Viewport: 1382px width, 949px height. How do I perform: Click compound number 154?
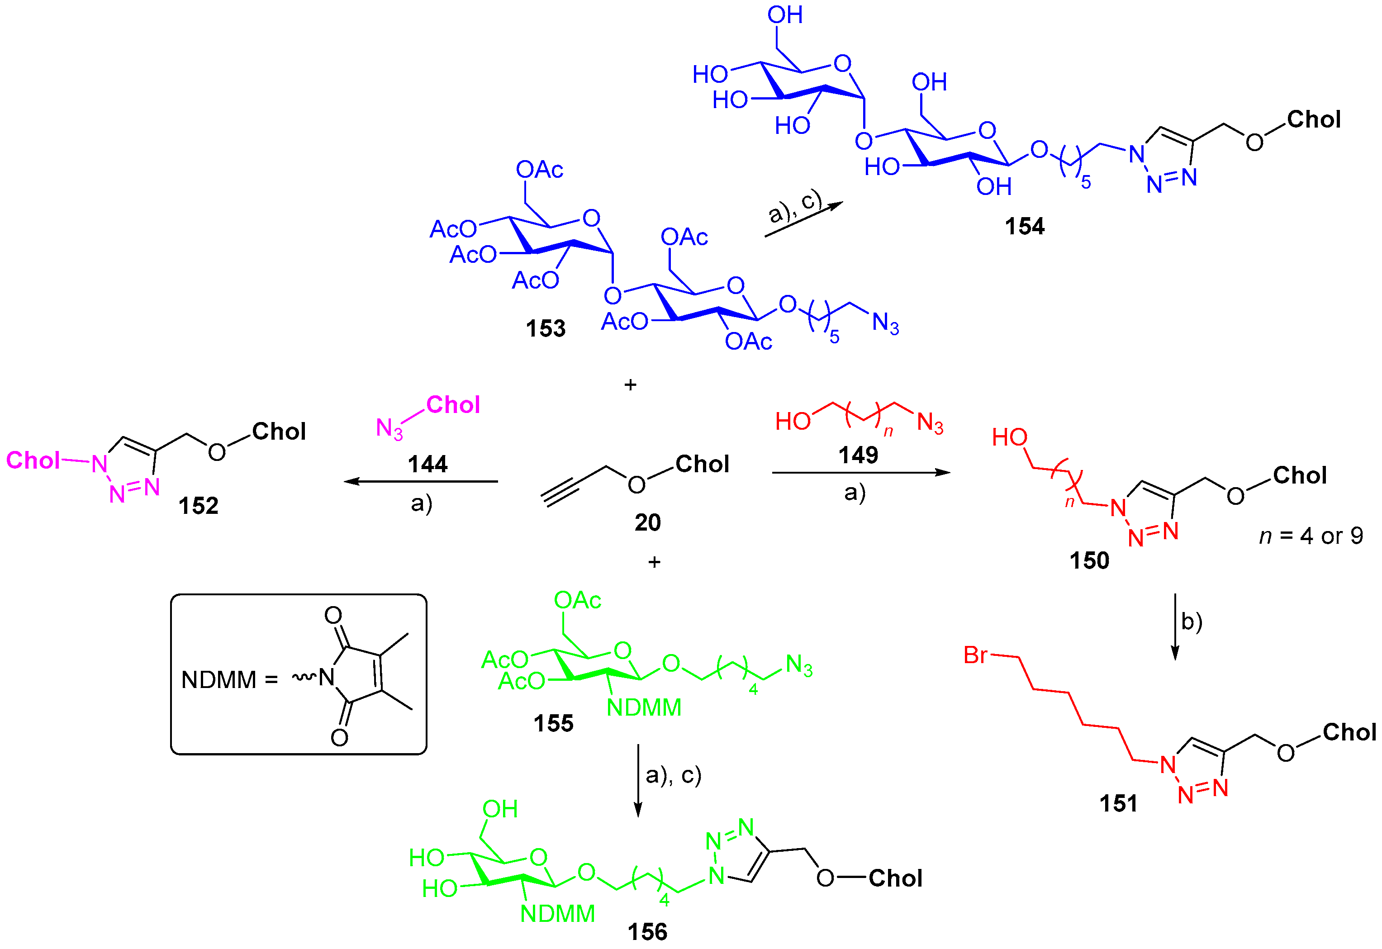pos(1024,227)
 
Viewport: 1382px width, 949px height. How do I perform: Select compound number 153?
pos(545,329)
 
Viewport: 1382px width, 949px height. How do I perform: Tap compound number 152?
pos(199,506)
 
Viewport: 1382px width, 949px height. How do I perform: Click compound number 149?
pos(858,456)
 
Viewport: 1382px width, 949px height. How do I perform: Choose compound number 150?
pos(1089,561)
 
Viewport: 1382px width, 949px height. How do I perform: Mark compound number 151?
pos(1118,804)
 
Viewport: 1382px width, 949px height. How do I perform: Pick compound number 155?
pos(553,724)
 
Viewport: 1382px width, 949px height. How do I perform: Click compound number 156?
pos(647,932)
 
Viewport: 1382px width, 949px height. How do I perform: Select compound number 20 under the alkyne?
pos(648,522)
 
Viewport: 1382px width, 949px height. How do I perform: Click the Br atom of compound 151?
pos(976,655)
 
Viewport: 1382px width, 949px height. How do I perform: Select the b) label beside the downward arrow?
pos(1191,622)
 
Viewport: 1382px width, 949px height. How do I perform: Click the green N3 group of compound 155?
pos(798,665)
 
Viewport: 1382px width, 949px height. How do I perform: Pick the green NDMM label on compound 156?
pos(557,914)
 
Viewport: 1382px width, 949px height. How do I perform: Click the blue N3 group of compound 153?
pos(885,323)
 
